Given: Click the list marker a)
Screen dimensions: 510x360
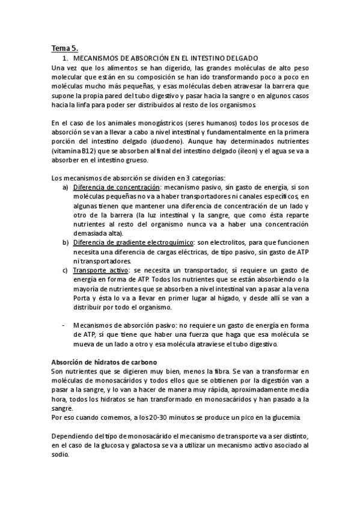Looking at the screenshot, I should click(x=66, y=188).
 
